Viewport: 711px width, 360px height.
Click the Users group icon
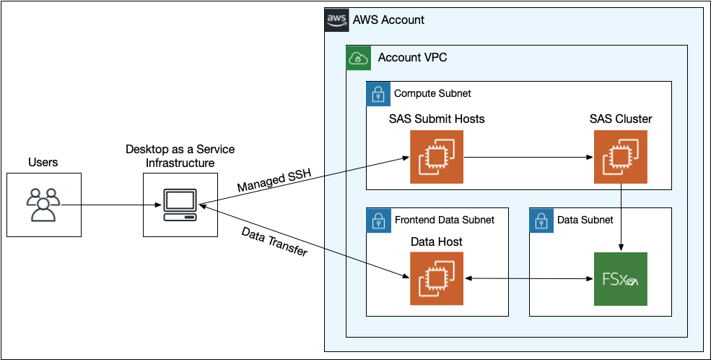44,205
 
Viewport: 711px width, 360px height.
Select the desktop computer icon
179,205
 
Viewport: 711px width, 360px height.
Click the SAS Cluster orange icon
620,157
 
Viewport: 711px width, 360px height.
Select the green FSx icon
620,278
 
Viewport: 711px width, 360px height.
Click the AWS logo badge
336,20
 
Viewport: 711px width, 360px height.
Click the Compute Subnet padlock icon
378,93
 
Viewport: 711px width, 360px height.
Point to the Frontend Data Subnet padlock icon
378,220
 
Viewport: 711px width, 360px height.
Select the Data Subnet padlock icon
541,220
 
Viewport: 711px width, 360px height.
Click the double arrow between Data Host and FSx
527,278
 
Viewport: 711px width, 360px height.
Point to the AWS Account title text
388,20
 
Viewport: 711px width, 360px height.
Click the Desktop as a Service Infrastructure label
180,156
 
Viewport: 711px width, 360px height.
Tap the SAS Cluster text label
620,119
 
